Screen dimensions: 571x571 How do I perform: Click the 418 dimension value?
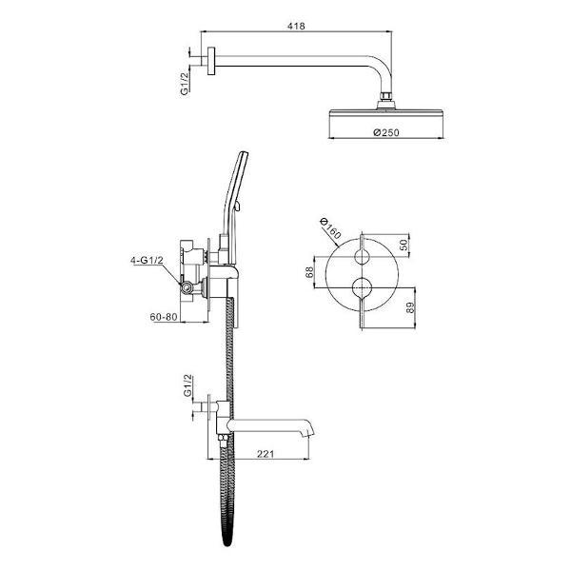pos(296,27)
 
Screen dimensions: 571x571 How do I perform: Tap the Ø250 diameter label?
pos(386,132)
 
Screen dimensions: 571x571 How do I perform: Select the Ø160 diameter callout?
pos(329,228)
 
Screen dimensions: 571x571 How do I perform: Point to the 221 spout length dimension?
pos(266,454)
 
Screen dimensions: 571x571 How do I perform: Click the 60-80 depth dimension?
pos(164,317)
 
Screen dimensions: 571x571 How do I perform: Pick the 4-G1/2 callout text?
pos(148,260)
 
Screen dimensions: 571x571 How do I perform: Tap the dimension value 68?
pos(309,272)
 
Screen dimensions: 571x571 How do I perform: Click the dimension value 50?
pos(404,245)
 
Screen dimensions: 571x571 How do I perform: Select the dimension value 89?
pos(410,307)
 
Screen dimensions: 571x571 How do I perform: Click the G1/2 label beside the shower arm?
pos(185,84)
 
